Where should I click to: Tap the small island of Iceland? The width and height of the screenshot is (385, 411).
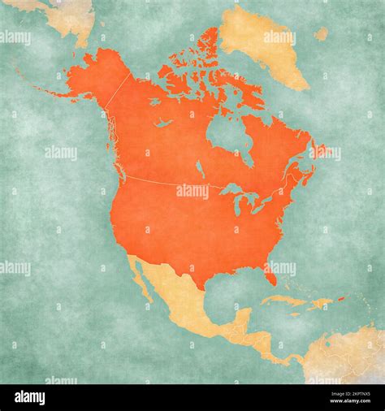click(x=322, y=34)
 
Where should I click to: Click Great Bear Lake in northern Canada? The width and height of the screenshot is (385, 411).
click(x=154, y=102)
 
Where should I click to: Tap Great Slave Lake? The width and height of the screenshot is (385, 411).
click(x=164, y=123)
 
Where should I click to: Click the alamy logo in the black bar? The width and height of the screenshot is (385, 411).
click(x=30, y=397)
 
